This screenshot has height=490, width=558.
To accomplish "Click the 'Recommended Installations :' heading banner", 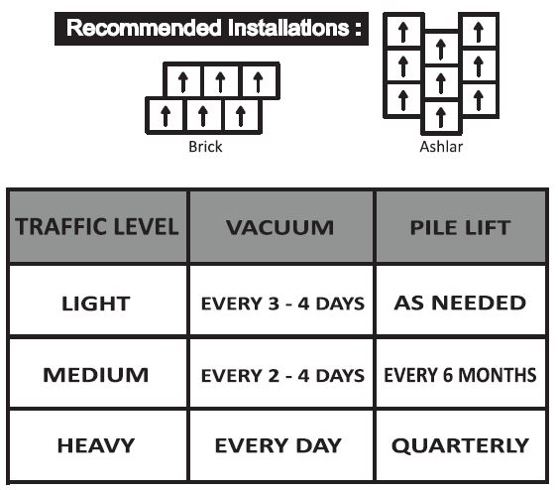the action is pyautogui.click(x=211, y=29).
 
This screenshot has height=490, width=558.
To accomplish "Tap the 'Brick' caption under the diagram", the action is pyautogui.click(x=205, y=147).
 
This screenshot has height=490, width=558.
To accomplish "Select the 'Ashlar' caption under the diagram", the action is pyautogui.click(x=441, y=147).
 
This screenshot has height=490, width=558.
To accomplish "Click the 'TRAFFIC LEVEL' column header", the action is pyautogui.click(x=97, y=227).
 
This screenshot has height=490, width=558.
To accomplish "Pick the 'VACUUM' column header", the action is pyautogui.click(x=280, y=227).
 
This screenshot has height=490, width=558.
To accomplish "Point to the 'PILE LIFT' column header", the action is pyautogui.click(x=460, y=227).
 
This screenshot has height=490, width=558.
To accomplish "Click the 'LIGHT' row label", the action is pyautogui.click(x=96, y=304).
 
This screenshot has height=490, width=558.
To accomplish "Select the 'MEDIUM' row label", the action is pyautogui.click(x=96, y=375).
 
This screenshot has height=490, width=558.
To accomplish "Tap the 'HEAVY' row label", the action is pyautogui.click(x=96, y=445).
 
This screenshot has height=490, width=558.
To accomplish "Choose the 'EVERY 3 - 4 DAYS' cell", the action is pyautogui.click(x=282, y=304).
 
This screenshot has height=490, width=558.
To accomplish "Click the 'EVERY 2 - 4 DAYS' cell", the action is pyautogui.click(x=282, y=375).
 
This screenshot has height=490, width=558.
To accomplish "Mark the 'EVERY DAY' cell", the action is pyautogui.click(x=279, y=445).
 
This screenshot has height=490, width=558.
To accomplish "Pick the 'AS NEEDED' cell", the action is pyautogui.click(x=460, y=304).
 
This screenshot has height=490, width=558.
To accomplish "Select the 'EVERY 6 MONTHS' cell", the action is pyautogui.click(x=460, y=375).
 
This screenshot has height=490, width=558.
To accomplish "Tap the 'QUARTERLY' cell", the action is pyautogui.click(x=460, y=445).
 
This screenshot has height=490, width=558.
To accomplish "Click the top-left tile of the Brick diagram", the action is pyautogui.click(x=183, y=80).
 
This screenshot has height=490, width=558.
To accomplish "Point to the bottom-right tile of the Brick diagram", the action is pyautogui.click(x=241, y=116).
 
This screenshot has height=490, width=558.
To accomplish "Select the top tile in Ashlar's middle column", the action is pyautogui.click(x=441, y=48).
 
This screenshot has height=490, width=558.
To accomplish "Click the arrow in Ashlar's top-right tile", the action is pyautogui.click(x=479, y=32).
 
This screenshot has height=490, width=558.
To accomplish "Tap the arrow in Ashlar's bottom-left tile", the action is pyautogui.click(x=403, y=100).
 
